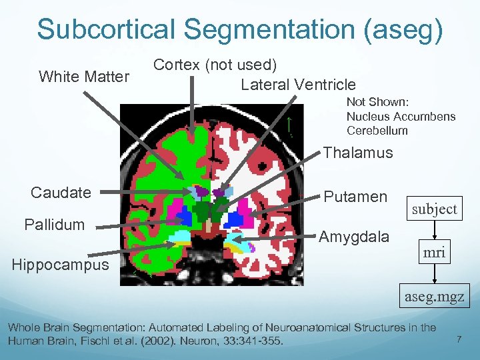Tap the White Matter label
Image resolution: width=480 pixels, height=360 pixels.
[x=84, y=77]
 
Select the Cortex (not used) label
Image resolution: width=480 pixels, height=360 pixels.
[x=215, y=65]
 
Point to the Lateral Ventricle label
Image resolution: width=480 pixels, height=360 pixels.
[x=298, y=85]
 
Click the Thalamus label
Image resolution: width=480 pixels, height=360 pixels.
[x=358, y=153]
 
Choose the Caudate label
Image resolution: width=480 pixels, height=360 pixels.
[x=61, y=193]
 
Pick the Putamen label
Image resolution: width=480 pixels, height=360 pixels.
[x=355, y=197]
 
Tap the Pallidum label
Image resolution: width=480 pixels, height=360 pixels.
[x=55, y=224]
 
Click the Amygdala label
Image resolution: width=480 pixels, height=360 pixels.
[x=354, y=236]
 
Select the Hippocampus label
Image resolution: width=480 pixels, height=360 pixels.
[x=61, y=265]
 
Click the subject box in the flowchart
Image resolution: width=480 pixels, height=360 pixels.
[x=435, y=209]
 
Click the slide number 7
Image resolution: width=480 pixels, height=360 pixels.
[x=459, y=340]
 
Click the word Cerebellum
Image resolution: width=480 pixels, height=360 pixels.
[x=377, y=131]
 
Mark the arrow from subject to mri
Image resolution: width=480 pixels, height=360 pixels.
[x=435, y=230]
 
